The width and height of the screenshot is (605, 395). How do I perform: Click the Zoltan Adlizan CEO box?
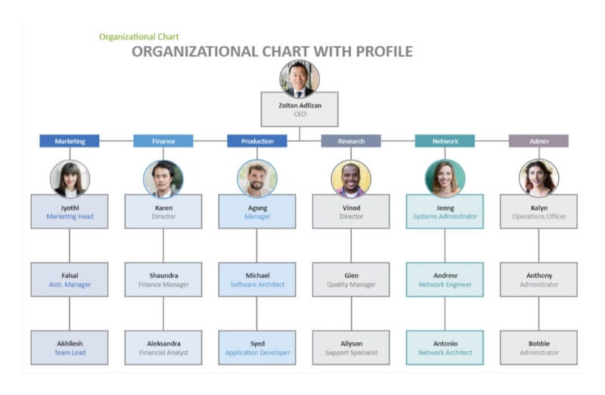coord(299,110)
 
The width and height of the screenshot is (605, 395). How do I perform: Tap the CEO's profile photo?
coord(299,79)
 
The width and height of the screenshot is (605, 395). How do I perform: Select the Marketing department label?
coord(70,141)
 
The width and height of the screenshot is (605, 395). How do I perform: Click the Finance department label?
coord(163,141)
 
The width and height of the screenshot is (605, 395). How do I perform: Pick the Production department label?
coord(257,141)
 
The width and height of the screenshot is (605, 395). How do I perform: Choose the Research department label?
coord(351,141)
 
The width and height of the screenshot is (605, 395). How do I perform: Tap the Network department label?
coord(445,141)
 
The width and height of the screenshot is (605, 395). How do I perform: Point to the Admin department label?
coord(538,141)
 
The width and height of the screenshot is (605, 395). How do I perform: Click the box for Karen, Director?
coord(163,211)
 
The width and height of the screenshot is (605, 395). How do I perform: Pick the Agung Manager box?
coord(257,211)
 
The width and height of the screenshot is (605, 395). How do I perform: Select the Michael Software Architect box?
coord(257,279)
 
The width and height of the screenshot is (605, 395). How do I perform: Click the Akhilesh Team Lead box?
coord(70,347)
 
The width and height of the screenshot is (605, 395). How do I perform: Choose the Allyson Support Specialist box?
coord(351,347)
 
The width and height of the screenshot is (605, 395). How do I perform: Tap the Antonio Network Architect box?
coord(445,347)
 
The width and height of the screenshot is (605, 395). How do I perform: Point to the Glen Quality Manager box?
coord(351,279)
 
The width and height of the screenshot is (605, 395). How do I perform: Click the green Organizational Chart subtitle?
coord(139,36)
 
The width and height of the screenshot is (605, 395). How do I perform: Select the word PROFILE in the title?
coord(382,51)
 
